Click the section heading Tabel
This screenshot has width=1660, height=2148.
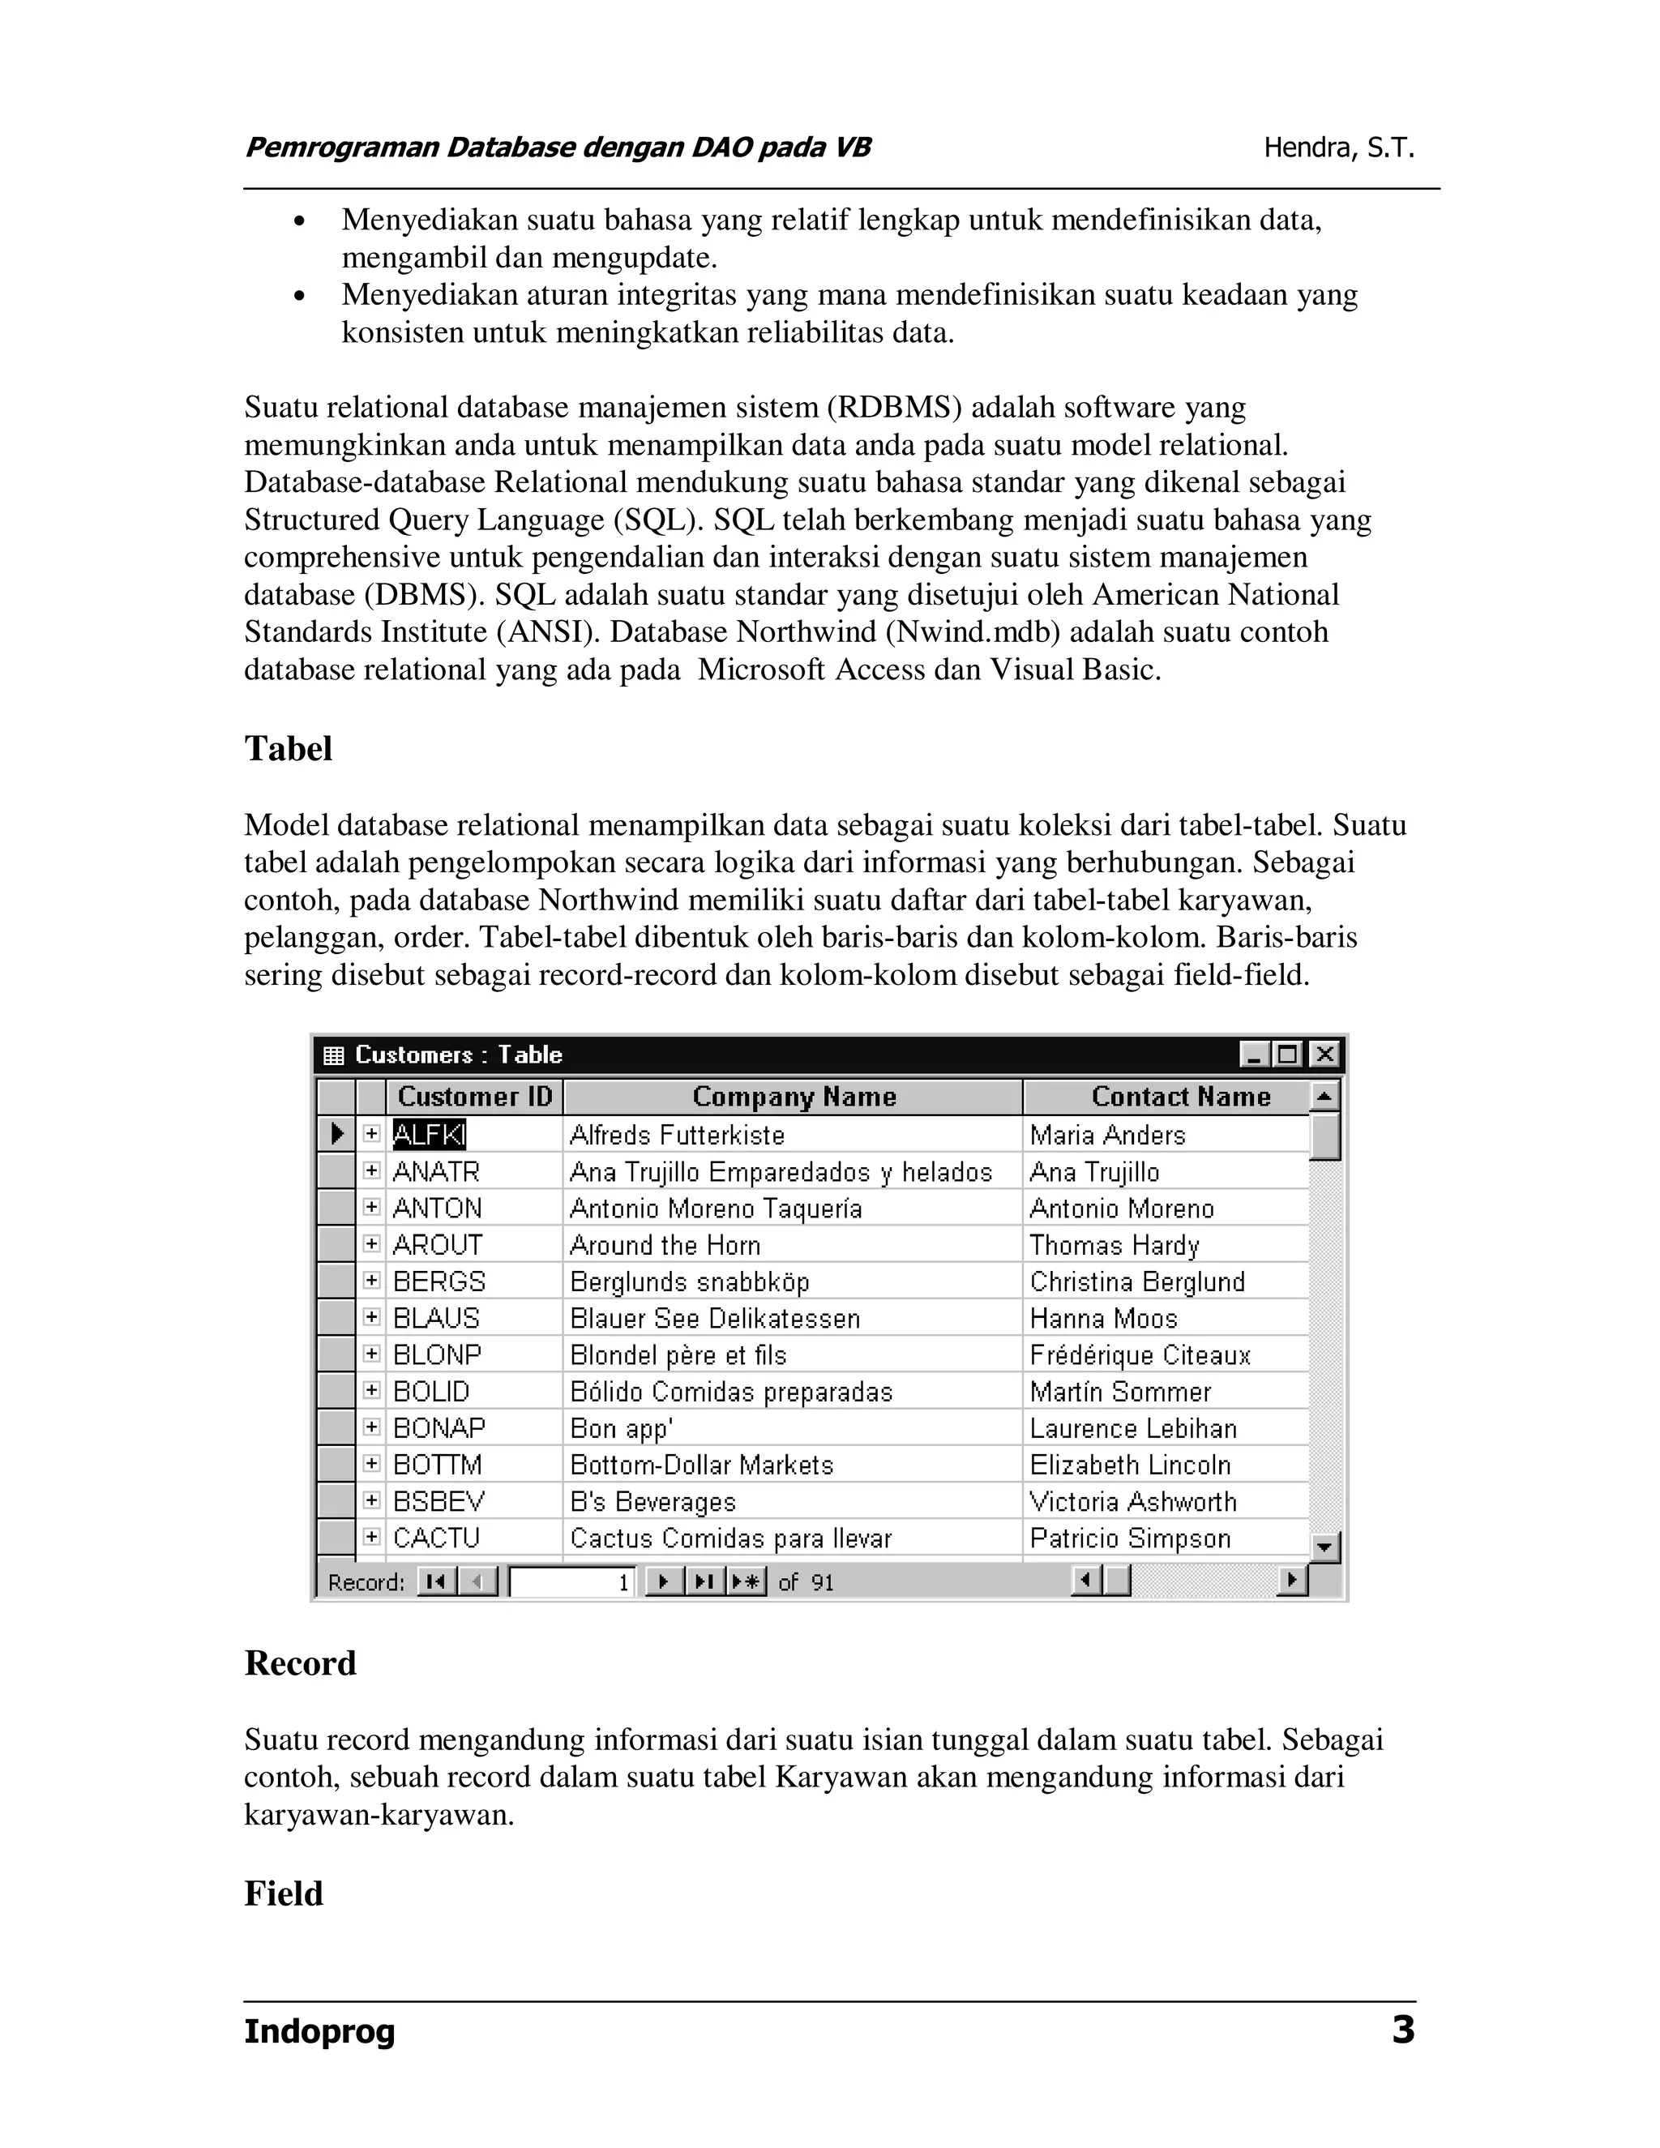click(x=288, y=748)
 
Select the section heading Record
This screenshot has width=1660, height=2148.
click(x=300, y=1663)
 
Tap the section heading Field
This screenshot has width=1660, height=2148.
click(x=283, y=1893)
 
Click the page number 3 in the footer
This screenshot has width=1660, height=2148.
click(x=1402, y=2029)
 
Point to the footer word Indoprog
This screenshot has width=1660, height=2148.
click(x=319, y=2031)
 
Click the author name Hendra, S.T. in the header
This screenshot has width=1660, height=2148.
click(x=1338, y=148)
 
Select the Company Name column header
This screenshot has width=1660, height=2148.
click(x=793, y=1097)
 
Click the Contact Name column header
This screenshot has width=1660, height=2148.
click(x=1180, y=1097)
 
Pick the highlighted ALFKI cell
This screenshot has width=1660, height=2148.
click(x=429, y=1135)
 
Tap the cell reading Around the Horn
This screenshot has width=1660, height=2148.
click(x=665, y=1245)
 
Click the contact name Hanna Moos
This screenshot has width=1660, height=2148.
click(x=1102, y=1319)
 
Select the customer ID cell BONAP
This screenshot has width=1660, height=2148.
click(x=439, y=1428)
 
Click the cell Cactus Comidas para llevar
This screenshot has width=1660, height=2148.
click(x=729, y=1538)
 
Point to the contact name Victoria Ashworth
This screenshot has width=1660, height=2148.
click(x=1132, y=1502)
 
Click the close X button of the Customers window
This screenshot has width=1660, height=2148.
click(x=1324, y=1055)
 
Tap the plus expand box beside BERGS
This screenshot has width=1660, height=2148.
click(x=370, y=1281)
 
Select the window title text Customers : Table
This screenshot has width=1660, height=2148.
click(x=458, y=1055)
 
